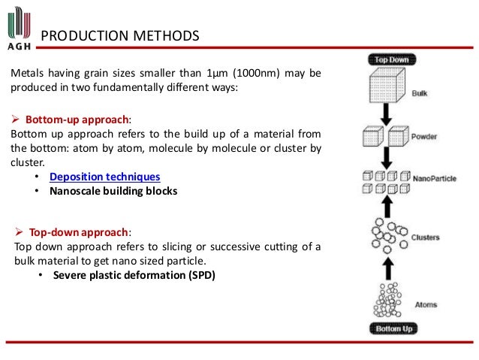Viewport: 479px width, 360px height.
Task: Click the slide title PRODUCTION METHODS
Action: pos(119,35)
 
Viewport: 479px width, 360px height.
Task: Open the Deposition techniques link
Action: pos(104,177)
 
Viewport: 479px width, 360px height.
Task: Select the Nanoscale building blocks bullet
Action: pos(113,191)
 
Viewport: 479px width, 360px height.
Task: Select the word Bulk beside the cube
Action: pos(420,95)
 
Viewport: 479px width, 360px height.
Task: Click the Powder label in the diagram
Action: pos(423,138)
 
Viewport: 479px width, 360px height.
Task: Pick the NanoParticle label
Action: pos(433,180)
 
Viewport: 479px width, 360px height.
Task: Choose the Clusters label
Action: pos(425,238)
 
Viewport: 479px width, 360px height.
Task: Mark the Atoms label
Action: pos(425,305)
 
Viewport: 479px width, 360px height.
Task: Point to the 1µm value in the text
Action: pos(216,74)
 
